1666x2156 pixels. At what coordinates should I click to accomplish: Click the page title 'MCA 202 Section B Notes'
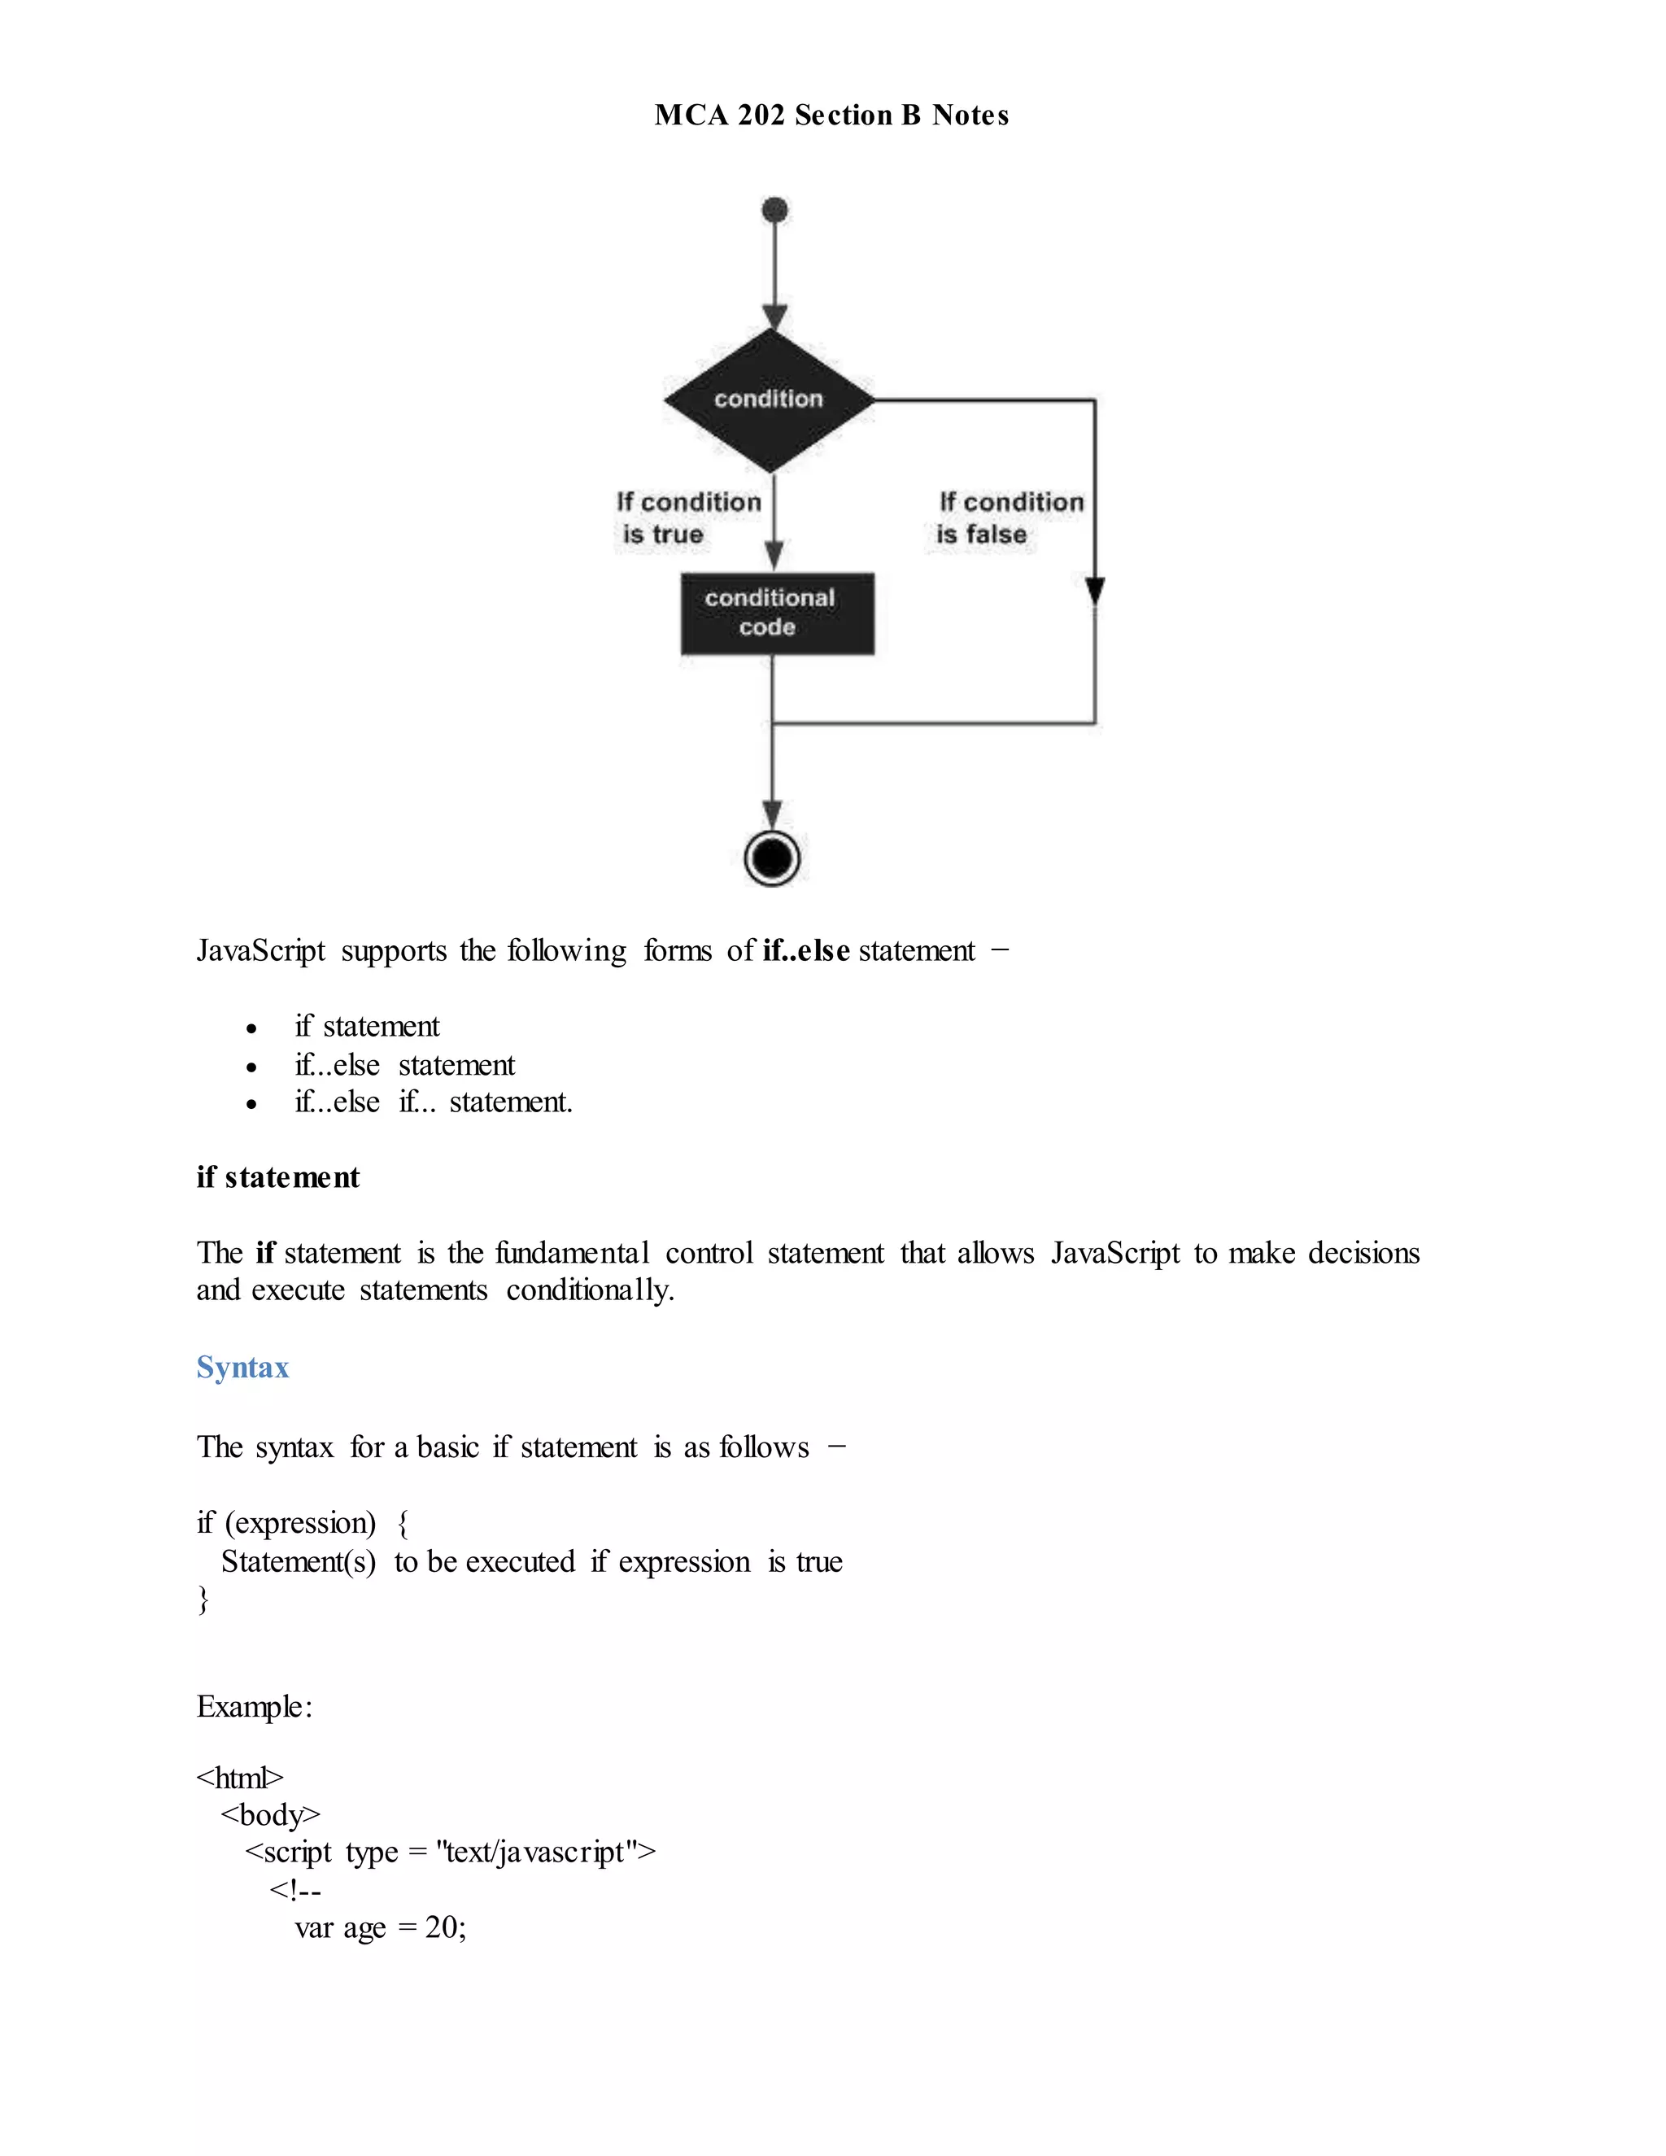tap(831, 116)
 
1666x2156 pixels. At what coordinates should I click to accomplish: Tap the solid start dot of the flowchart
tap(776, 209)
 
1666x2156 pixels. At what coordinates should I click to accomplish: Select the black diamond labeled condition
tap(770, 399)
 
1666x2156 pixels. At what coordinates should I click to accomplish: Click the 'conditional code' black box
tap(777, 613)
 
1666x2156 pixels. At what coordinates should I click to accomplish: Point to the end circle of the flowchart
tap(772, 857)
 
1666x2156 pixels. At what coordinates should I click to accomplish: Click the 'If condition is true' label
tap(688, 518)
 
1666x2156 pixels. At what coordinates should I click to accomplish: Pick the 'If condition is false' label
tap(1010, 518)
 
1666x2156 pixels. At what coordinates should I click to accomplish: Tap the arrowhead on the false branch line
tap(1095, 591)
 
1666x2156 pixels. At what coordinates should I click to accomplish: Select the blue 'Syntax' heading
tap(242, 1368)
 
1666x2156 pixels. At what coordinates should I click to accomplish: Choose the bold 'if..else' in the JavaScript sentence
tap(805, 949)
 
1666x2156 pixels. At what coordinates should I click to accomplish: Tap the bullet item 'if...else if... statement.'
tap(434, 1102)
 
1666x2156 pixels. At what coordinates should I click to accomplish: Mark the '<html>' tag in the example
tap(240, 1778)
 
